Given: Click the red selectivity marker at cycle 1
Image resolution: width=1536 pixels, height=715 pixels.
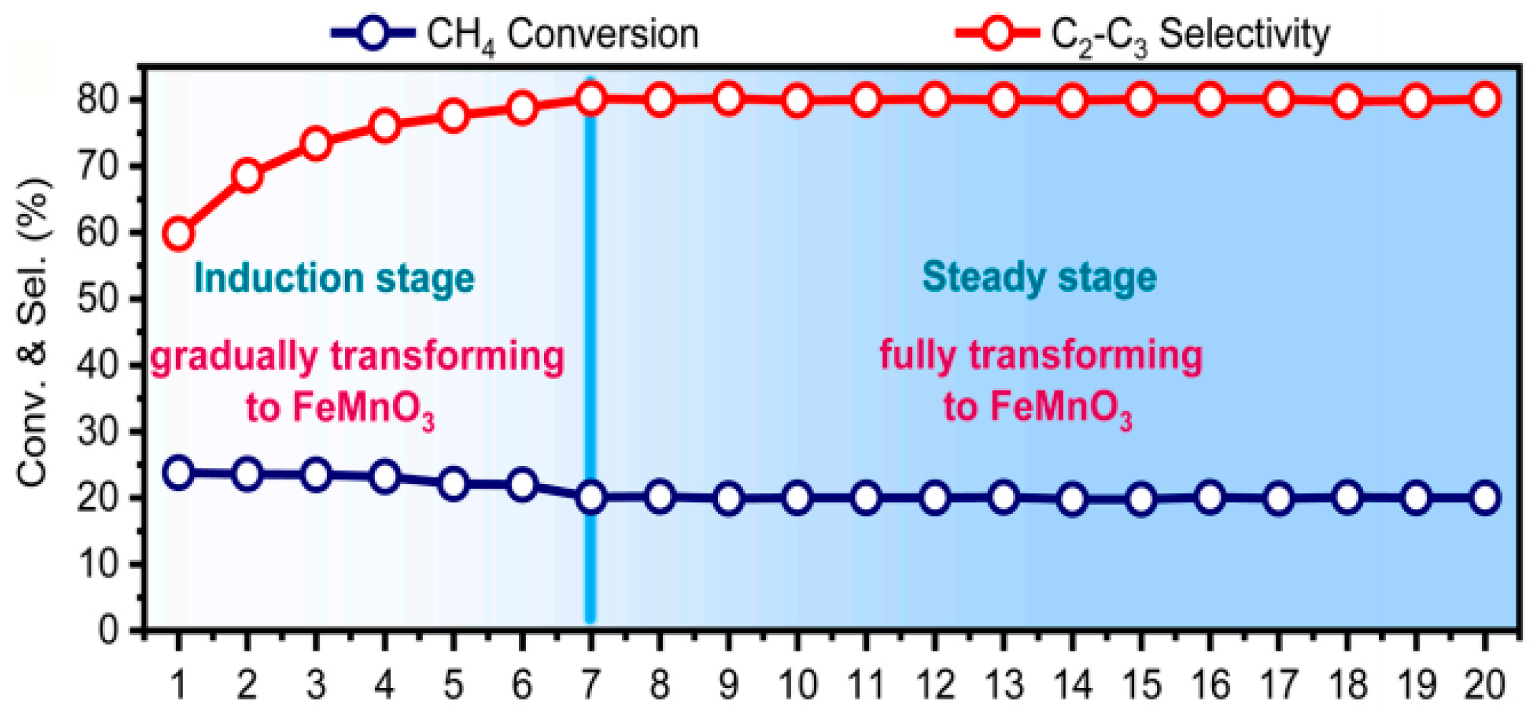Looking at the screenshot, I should [178, 234].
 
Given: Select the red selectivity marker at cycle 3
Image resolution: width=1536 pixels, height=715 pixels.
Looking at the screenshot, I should [316, 144].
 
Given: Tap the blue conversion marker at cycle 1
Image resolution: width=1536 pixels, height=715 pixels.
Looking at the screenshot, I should [178, 472].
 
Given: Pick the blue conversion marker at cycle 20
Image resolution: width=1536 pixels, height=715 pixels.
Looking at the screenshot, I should [1485, 498].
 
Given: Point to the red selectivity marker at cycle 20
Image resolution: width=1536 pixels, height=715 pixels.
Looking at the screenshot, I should [1485, 100].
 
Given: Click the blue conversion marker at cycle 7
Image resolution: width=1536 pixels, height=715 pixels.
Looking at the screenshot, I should [591, 498].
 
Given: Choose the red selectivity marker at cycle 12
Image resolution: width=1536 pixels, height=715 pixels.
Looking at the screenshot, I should [935, 100].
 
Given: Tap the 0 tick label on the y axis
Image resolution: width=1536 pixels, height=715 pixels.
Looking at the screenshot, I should [108, 630].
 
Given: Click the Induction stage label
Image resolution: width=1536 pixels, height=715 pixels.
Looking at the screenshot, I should [334, 278].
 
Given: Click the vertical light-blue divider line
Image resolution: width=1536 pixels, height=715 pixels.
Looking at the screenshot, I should [590, 352].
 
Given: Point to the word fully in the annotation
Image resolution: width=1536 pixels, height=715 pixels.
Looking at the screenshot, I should [917, 355].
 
